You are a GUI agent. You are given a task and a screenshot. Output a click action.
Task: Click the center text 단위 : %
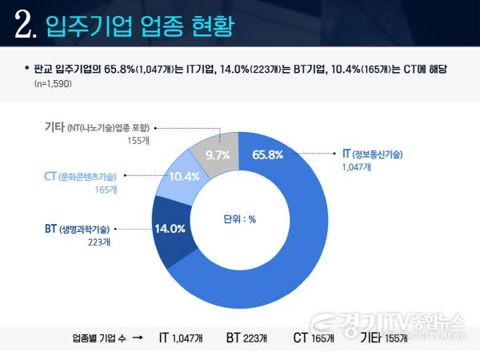tap(239, 220)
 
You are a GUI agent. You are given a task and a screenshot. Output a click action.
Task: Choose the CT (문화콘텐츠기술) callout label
tap(79, 176)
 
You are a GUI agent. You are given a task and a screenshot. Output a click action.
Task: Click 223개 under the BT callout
tap(99, 243)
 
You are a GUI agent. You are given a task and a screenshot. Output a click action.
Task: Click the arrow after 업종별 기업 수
tap(137, 338)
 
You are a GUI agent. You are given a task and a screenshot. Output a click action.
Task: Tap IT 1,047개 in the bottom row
tap(180, 338)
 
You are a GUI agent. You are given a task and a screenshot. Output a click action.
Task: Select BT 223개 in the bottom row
tap(248, 338)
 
